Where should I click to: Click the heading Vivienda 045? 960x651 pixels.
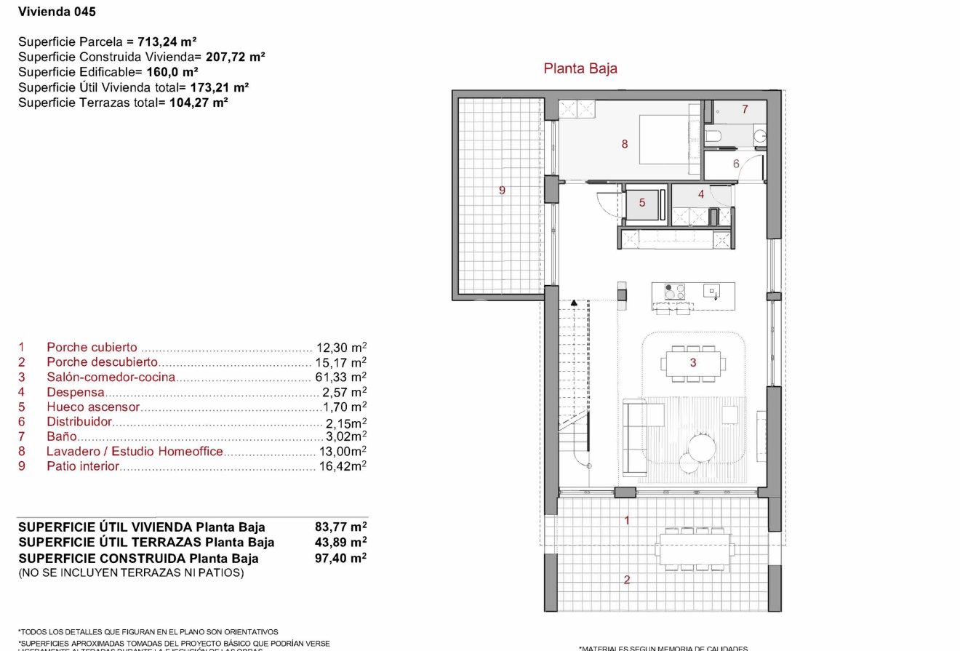[x=57, y=12]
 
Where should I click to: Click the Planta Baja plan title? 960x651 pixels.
[x=580, y=68]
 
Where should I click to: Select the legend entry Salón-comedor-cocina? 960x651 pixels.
[x=111, y=377]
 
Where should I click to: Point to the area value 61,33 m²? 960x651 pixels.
[x=341, y=377]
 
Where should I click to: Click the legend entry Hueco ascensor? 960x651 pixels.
[x=93, y=407]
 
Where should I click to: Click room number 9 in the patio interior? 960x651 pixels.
[x=502, y=191]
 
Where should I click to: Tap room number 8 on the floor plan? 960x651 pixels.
[x=624, y=144]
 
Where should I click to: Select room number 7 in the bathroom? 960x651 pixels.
[x=745, y=109]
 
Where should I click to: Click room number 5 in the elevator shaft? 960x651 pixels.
[x=642, y=203]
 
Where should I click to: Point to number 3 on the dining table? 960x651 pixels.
[x=693, y=362]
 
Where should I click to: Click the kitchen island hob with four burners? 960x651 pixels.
[x=675, y=292]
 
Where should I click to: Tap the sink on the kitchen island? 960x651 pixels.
[x=711, y=292]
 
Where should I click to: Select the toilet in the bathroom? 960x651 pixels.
[x=713, y=136]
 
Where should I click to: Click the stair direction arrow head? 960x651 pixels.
[x=574, y=302]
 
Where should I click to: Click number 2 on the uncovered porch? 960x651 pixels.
[x=625, y=580]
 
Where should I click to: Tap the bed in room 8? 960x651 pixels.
[x=665, y=140]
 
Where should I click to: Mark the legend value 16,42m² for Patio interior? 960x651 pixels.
[x=343, y=466]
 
